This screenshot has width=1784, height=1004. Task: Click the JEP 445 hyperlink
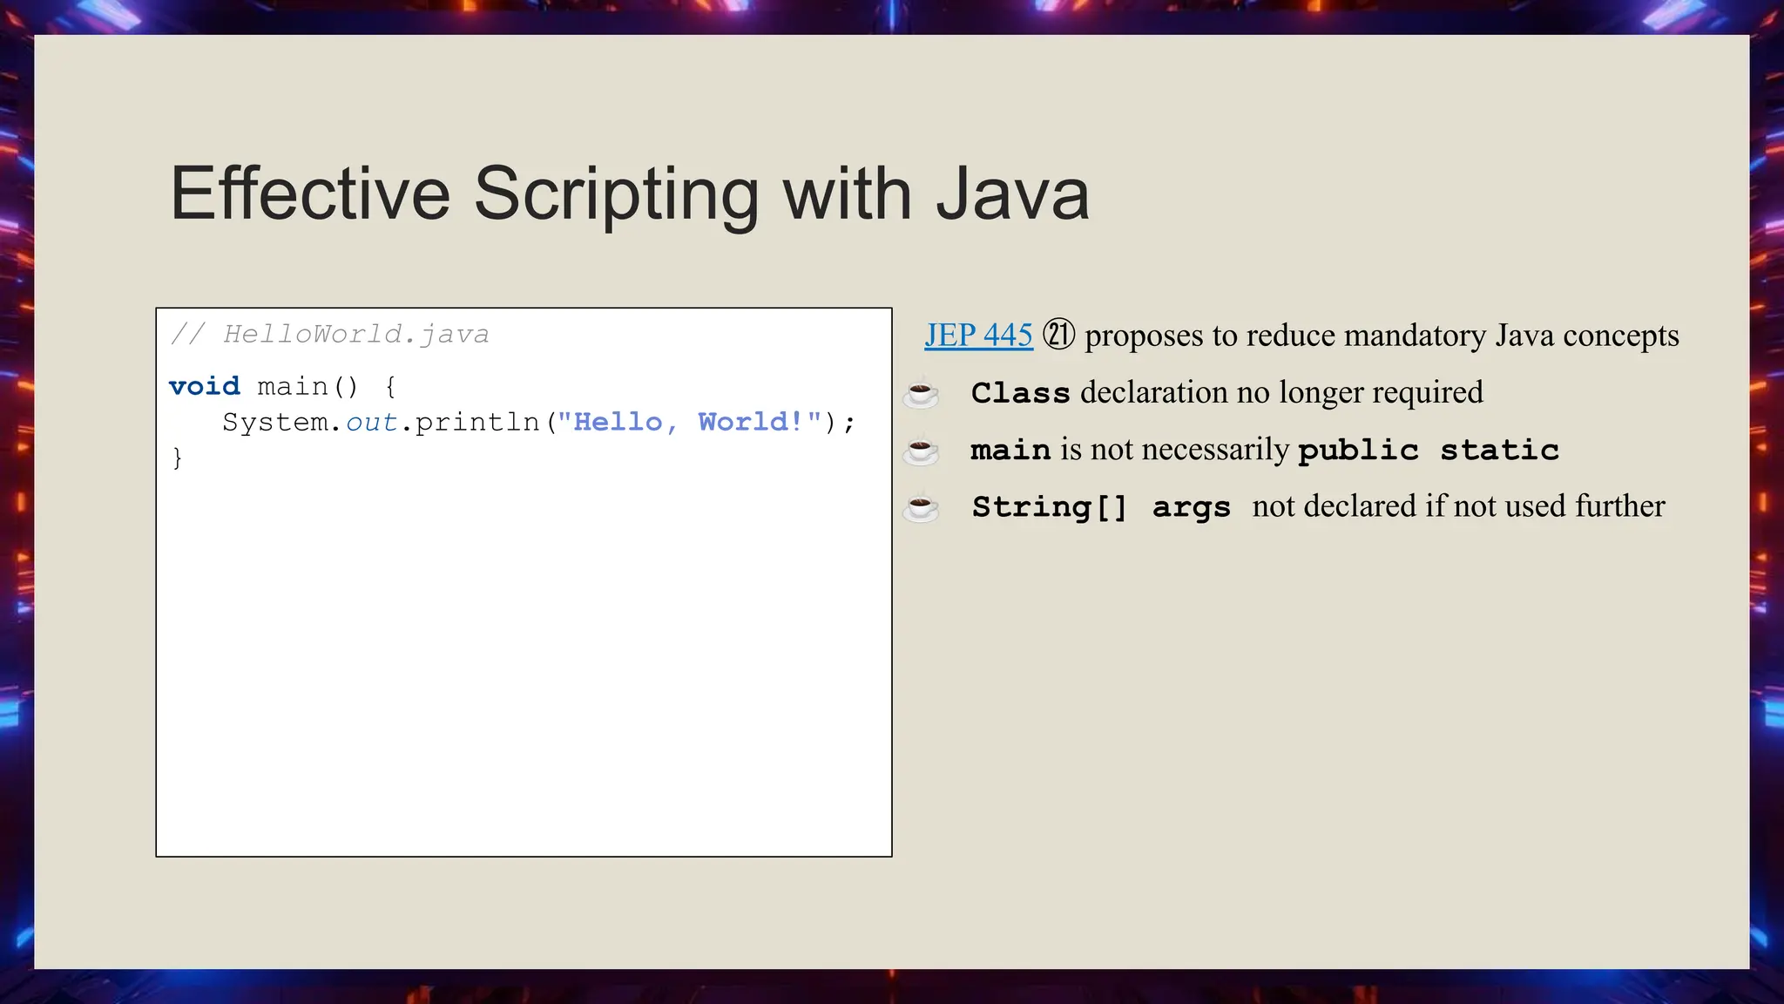click(x=978, y=336)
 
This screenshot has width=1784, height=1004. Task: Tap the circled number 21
click(x=1058, y=335)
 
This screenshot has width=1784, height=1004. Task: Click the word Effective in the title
click(x=310, y=193)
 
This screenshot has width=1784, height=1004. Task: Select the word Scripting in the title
click(x=616, y=195)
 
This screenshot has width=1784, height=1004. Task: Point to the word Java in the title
click(x=1012, y=193)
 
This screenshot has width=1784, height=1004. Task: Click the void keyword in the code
click(x=204, y=386)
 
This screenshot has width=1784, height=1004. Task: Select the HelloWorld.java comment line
click(x=330, y=334)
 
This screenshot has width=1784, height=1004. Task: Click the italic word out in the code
click(x=371, y=423)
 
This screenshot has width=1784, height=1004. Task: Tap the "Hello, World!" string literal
click(x=689, y=423)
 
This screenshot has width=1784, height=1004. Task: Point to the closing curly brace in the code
click(x=178, y=458)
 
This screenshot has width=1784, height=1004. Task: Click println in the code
click(x=477, y=423)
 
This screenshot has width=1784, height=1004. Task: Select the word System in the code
click(x=275, y=423)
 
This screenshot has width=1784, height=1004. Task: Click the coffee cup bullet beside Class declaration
click(x=921, y=394)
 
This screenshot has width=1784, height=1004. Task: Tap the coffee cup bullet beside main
click(x=921, y=451)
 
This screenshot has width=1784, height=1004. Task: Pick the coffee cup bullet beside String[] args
click(x=921, y=507)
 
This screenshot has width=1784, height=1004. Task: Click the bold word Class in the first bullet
click(x=1020, y=393)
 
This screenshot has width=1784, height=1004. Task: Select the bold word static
click(x=1499, y=450)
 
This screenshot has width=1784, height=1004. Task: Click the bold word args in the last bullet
click(x=1191, y=507)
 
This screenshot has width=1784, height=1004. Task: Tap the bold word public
click(x=1358, y=451)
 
